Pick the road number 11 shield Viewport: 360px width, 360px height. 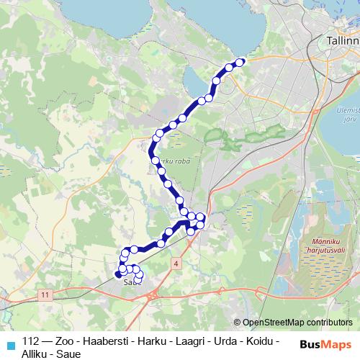click(x=45, y=295)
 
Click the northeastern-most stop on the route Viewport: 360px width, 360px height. click(x=240, y=62)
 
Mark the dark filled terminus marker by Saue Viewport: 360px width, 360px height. click(x=118, y=274)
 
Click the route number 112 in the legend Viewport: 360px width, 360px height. click(x=31, y=341)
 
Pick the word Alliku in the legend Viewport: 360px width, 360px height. click(x=36, y=354)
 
